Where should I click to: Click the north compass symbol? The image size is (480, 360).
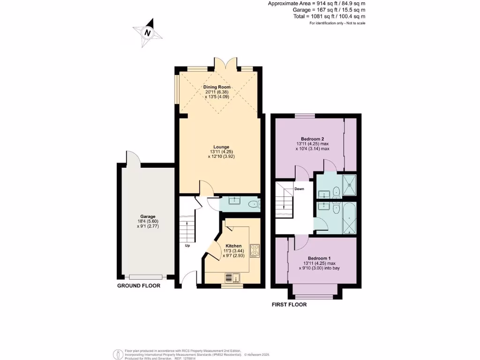148,32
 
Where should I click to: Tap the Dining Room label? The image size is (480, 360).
216,87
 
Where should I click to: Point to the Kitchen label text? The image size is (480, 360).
233,246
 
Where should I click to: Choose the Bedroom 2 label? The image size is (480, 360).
313,139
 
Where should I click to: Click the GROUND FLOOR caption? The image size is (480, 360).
139,285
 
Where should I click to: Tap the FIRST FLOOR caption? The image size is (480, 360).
289,304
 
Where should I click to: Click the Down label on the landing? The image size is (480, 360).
299,189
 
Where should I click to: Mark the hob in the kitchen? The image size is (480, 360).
255,251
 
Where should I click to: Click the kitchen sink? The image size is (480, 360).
232,278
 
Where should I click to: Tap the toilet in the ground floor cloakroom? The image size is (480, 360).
254,204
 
